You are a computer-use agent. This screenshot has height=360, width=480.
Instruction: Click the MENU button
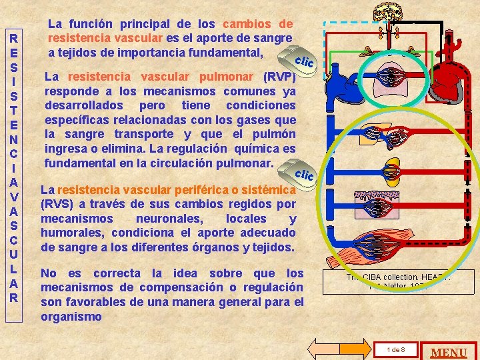tap(450, 351)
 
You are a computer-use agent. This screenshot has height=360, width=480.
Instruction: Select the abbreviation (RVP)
tap(279, 76)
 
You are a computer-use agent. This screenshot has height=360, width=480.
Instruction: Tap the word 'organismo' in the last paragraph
tap(71, 317)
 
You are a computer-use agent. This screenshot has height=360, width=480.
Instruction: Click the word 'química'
tap(259, 149)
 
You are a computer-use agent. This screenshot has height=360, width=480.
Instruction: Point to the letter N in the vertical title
tap(13, 139)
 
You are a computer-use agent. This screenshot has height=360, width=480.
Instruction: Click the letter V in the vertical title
tap(13, 196)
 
